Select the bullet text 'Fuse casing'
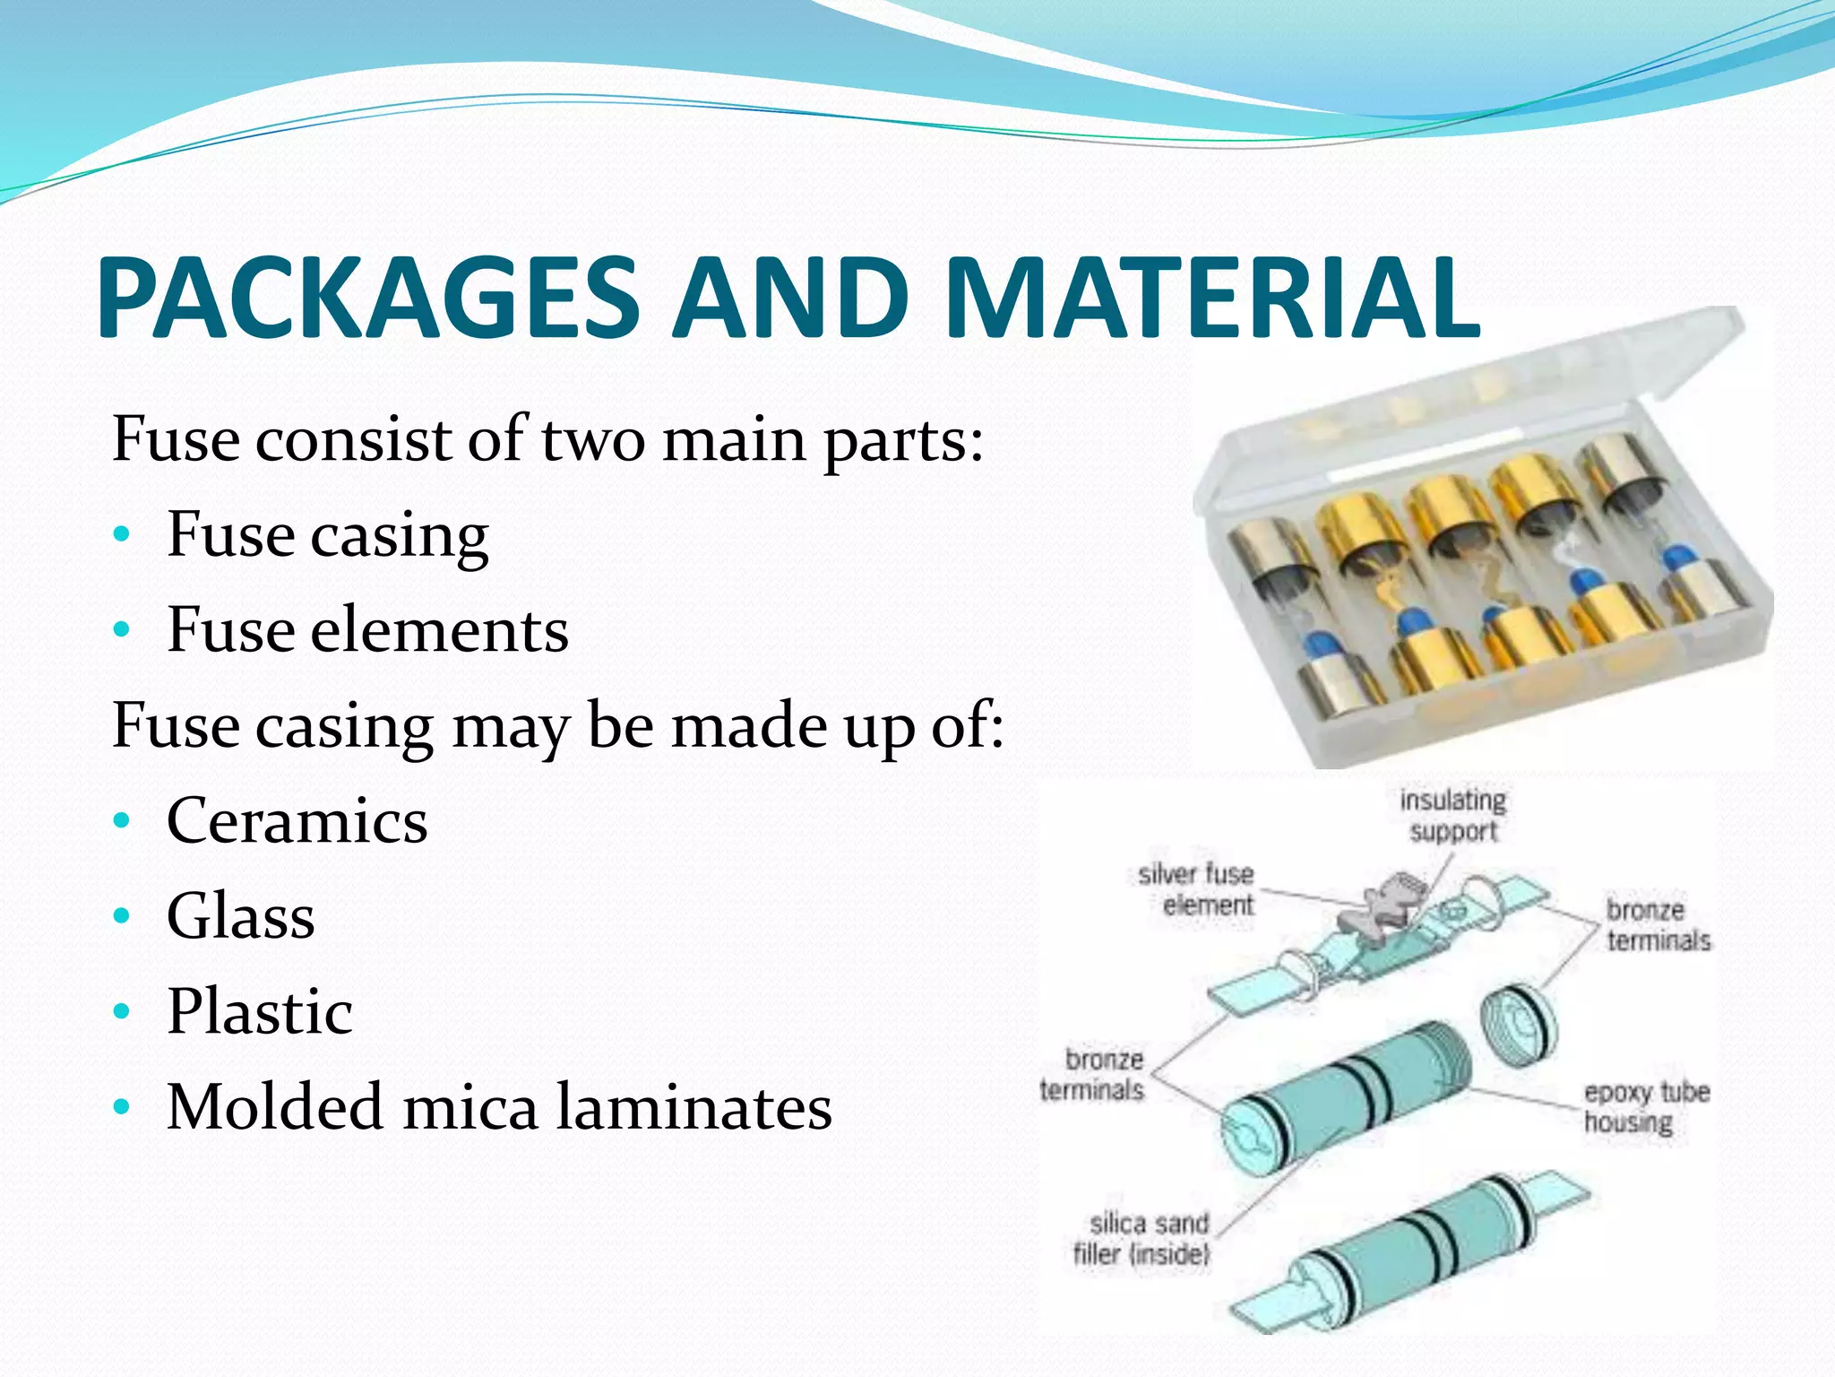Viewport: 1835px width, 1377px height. point(328,534)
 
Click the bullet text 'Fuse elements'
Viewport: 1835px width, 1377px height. point(367,629)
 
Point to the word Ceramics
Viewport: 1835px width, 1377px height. point(297,820)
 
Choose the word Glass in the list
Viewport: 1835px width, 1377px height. point(241,916)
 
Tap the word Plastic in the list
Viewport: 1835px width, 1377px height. point(260,1011)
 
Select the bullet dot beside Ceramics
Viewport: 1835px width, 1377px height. point(122,821)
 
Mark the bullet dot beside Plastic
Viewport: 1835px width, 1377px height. point(122,1012)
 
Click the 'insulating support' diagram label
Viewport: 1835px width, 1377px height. point(1453,815)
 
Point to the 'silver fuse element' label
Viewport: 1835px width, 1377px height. point(1197,888)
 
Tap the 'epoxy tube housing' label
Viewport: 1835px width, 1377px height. point(1646,1106)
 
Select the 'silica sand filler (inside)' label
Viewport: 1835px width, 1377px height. point(1143,1238)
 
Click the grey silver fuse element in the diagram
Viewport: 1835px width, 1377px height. point(1380,910)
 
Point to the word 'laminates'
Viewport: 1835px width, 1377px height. point(694,1106)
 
